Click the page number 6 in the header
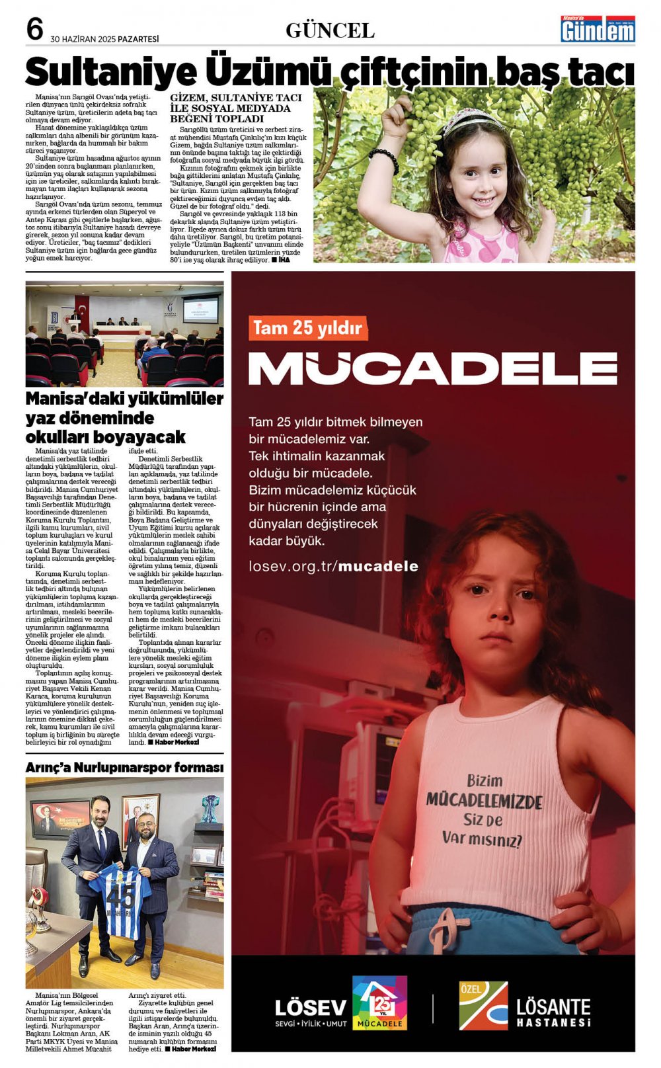[x=34, y=30]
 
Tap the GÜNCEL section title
[x=330, y=30]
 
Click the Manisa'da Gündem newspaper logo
[x=598, y=30]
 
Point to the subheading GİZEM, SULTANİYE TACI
[x=236, y=98]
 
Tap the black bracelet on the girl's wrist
[x=383, y=159]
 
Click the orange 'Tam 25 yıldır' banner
[x=307, y=328]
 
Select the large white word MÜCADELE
[x=432, y=368]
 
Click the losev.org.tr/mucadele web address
[x=333, y=566]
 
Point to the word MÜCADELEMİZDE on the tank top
[x=484, y=801]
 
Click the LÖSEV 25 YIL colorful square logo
[x=379, y=1003]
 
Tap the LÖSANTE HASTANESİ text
[x=553, y=1012]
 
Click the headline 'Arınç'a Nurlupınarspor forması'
[x=124, y=768]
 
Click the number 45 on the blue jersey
[x=122, y=898]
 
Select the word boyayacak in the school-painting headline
[x=139, y=437]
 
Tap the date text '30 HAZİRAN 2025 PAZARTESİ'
[x=104, y=39]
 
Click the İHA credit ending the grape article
[x=284, y=260]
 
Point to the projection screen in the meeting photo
[x=200, y=309]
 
